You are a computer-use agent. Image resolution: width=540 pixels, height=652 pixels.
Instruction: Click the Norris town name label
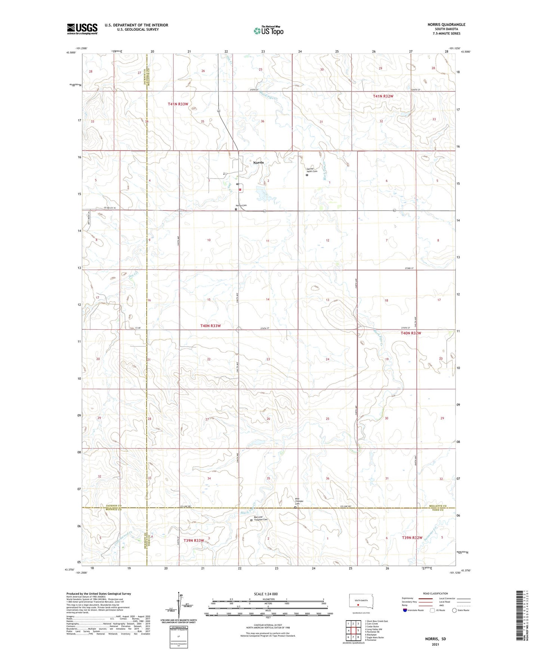[x=258, y=162]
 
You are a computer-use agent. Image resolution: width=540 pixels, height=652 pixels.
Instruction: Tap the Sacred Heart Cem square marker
[x=307, y=175]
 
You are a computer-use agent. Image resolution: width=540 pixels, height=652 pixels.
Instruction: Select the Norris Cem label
[x=241, y=205]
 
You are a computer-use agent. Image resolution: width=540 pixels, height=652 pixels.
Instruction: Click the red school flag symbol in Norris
[x=240, y=189]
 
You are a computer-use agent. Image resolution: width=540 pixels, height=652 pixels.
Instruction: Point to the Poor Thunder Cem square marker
[x=295, y=507]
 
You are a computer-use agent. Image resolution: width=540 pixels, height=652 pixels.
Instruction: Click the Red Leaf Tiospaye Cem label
[x=260, y=519]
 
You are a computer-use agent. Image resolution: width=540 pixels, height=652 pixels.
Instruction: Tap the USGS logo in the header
[x=82, y=29]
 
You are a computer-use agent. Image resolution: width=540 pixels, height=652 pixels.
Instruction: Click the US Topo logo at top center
[x=269, y=31]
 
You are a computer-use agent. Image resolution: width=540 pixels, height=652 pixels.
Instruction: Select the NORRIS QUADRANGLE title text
[x=446, y=25]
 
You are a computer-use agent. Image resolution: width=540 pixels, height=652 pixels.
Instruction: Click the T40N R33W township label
[x=210, y=326]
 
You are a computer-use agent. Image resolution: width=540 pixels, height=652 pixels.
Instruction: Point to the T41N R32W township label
[x=383, y=96]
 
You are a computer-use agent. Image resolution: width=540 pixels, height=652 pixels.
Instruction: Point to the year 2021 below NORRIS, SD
[x=435, y=644]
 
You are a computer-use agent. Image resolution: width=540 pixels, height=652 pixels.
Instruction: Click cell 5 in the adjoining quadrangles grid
[x=358, y=630]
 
